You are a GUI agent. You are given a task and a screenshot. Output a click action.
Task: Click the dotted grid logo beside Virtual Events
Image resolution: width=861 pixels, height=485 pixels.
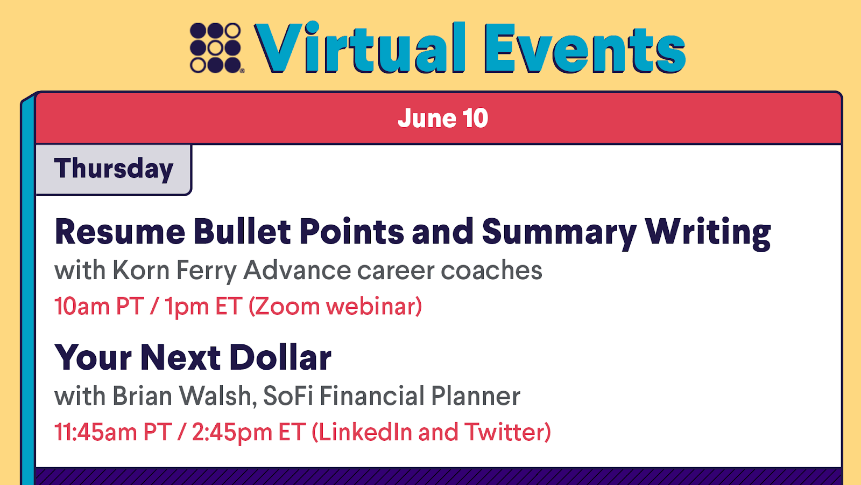click(x=216, y=48)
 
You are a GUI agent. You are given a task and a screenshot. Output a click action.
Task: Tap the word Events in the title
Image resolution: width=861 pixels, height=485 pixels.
click(x=584, y=48)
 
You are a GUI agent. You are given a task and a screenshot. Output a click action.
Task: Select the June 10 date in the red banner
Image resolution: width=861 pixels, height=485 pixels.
click(x=443, y=118)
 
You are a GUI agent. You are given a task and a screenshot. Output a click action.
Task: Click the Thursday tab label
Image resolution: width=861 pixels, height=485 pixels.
click(x=114, y=169)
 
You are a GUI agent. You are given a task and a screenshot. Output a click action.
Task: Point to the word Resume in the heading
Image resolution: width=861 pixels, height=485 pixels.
click(x=120, y=231)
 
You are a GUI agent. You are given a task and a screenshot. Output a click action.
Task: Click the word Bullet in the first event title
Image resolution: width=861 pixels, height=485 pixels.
click(x=242, y=231)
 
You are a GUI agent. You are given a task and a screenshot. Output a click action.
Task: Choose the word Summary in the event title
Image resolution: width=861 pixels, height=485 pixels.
click(x=559, y=233)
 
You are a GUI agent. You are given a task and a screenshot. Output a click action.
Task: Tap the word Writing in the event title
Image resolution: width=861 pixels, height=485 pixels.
click(x=708, y=233)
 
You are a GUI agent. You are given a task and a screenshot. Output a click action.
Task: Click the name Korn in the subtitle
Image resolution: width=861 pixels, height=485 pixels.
click(x=141, y=270)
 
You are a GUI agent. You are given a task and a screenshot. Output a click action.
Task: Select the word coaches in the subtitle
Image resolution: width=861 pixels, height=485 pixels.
click(x=491, y=270)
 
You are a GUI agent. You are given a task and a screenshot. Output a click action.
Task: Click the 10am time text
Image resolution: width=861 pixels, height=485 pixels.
click(x=82, y=307)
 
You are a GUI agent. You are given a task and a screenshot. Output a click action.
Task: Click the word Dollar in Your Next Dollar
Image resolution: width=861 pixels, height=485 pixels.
click(x=280, y=357)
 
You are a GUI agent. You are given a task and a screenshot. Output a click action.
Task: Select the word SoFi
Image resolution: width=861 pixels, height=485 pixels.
click(x=288, y=396)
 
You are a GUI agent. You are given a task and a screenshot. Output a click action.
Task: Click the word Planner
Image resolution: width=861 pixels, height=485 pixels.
click(x=476, y=396)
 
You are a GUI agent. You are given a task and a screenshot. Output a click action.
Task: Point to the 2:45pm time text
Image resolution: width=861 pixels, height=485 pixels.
click(x=232, y=432)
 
